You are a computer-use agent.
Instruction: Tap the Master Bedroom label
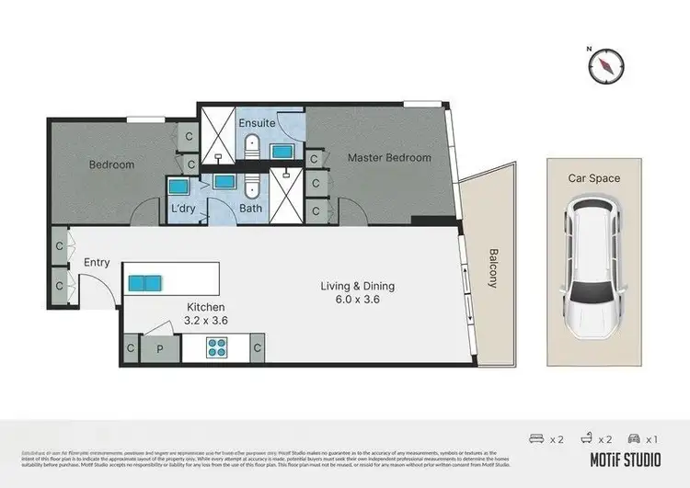click(389, 158)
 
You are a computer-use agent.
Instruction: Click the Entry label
click(97, 262)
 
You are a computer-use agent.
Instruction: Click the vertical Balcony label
click(493, 268)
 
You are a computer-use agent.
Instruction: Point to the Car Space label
click(592, 178)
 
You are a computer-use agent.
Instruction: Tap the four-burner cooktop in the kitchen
click(216, 348)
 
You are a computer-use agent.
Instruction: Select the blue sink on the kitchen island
click(145, 282)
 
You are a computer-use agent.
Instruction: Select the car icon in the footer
click(635, 439)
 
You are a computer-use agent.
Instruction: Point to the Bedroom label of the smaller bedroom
click(111, 165)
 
